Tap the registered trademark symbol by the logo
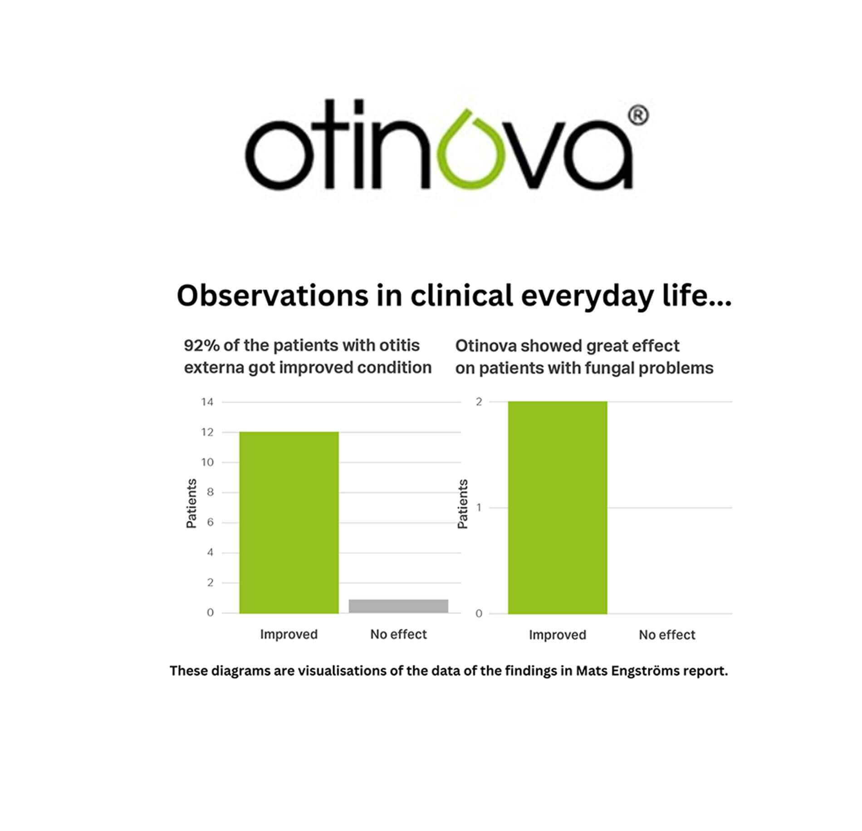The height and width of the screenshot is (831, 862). (638, 115)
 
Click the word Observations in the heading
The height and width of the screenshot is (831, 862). (272, 296)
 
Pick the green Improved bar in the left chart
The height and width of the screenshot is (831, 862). (289, 523)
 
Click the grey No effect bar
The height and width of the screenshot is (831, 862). (398, 606)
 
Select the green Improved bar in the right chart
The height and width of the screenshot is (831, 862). (558, 508)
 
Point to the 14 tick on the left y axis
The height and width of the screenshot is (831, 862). (207, 402)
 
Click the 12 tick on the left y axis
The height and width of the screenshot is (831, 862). (207, 432)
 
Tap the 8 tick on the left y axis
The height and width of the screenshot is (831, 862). (210, 492)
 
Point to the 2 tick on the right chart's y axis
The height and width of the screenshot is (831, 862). (479, 402)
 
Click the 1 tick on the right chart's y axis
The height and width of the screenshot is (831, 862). (479, 508)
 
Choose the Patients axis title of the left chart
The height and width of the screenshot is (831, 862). (191, 503)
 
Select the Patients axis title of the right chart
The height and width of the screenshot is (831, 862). (462, 504)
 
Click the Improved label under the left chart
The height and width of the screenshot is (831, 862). (289, 634)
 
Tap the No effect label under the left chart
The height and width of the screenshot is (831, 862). (398, 634)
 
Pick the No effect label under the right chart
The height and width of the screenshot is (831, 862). (667, 634)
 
